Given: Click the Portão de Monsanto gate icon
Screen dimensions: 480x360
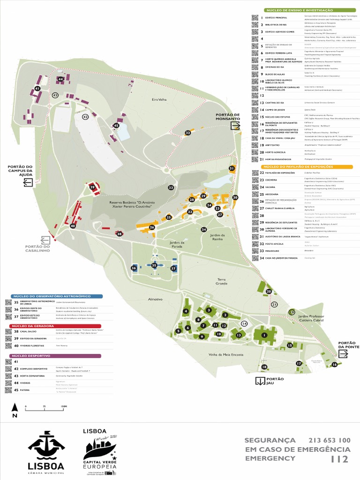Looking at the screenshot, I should point(235,125).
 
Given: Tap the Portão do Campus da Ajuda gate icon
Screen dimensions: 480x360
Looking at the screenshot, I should point(28,182).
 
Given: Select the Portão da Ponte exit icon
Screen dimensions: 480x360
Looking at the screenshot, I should point(343,354).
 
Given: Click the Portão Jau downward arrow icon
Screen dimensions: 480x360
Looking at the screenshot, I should point(260,381).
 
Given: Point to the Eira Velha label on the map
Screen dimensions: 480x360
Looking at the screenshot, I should point(159,99).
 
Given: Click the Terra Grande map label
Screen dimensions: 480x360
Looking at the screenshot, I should point(221,281).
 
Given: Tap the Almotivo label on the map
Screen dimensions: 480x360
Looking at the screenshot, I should point(155,299).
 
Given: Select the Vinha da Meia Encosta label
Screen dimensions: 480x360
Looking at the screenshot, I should point(226,354).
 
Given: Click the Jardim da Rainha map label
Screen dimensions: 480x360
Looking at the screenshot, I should point(217,237).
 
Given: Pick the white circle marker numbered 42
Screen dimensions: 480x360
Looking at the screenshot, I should point(85,117).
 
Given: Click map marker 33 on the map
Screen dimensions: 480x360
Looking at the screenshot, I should point(171,187).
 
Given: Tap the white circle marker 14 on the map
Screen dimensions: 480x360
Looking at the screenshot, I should point(244,323).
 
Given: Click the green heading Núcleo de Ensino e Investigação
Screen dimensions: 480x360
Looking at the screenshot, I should point(299,10).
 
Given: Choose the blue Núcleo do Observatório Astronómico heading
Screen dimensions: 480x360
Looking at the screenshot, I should point(51,296).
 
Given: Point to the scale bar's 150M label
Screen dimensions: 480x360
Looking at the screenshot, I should point(64,407).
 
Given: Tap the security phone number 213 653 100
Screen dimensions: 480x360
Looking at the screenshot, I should point(329,440).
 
